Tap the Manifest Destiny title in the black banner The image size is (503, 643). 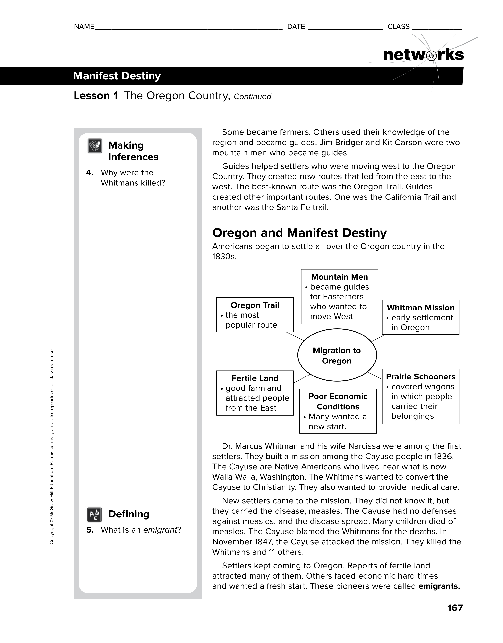point(117,76)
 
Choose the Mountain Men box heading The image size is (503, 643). point(339,277)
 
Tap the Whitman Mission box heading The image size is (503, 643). point(421,308)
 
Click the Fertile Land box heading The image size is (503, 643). point(255,378)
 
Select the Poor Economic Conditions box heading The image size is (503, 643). point(338,402)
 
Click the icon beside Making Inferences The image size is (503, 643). point(95,146)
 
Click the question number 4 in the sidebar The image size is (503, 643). point(90,173)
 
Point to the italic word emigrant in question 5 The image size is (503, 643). point(160,530)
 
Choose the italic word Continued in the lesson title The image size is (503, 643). point(252,97)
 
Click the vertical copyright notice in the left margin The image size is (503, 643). point(52,446)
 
